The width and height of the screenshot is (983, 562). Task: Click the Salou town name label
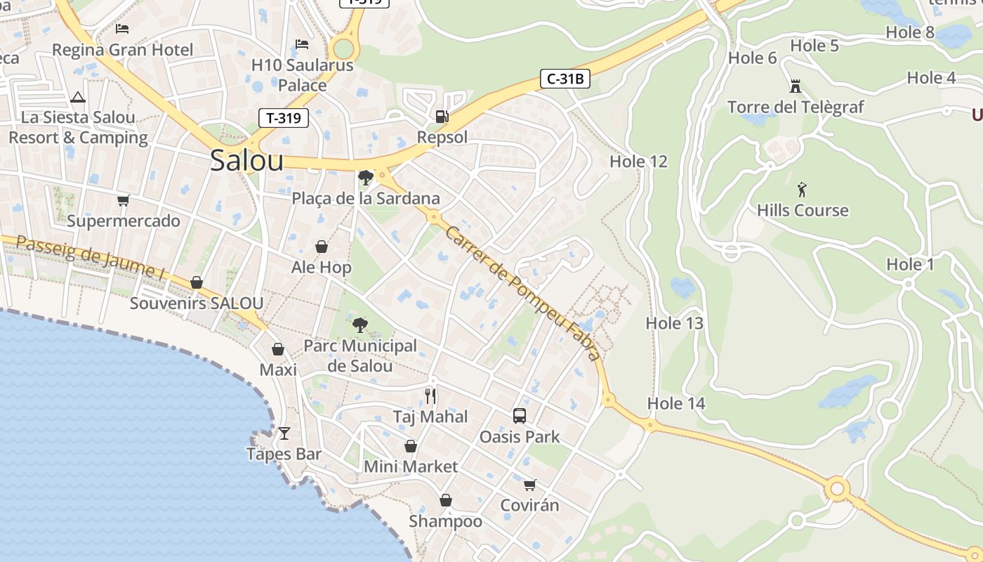pyautogui.click(x=246, y=161)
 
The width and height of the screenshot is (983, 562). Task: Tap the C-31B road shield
pyautogui.click(x=565, y=79)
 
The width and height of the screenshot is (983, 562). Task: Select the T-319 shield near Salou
pyautogui.click(x=284, y=118)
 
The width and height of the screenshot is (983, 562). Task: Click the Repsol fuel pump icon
pyautogui.click(x=442, y=117)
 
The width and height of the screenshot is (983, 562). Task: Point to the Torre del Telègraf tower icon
pyautogui.click(x=796, y=86)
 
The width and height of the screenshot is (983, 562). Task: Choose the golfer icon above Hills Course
pyautogui.click(x=803, y=189)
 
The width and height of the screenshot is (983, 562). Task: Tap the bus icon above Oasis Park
pyautogui.click(x=520, y=416)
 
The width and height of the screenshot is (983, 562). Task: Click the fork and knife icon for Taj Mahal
pyautogui.click(x=430, y=396)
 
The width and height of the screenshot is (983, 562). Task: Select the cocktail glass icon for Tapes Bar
pyautogui.click(x=284, y=433)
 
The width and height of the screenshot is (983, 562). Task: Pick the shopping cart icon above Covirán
pyautogui.click(x=529, y=485)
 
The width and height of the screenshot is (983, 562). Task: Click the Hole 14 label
pyautogui.click(x=675, y=403)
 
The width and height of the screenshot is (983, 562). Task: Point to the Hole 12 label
pyautogui.click(x=638, y=162)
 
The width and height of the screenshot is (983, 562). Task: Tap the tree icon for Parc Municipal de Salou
pyautogui.click(x=360, y=325)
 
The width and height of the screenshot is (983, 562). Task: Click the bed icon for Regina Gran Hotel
pyautogui.click(x=122, y=29)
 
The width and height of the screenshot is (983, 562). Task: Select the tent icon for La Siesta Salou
pyautogui.click(x=77, y=97)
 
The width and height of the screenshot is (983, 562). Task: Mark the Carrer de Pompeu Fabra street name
pyautogui.click(x=523, y=293)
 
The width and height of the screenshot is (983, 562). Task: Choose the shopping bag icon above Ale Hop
pyautogui.click(x=321, y=247)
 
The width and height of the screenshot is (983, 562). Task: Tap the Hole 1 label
pyautogui.click(x=910, y=265)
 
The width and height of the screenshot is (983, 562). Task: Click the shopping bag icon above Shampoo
pyautogui.click(x=445, y=500)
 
